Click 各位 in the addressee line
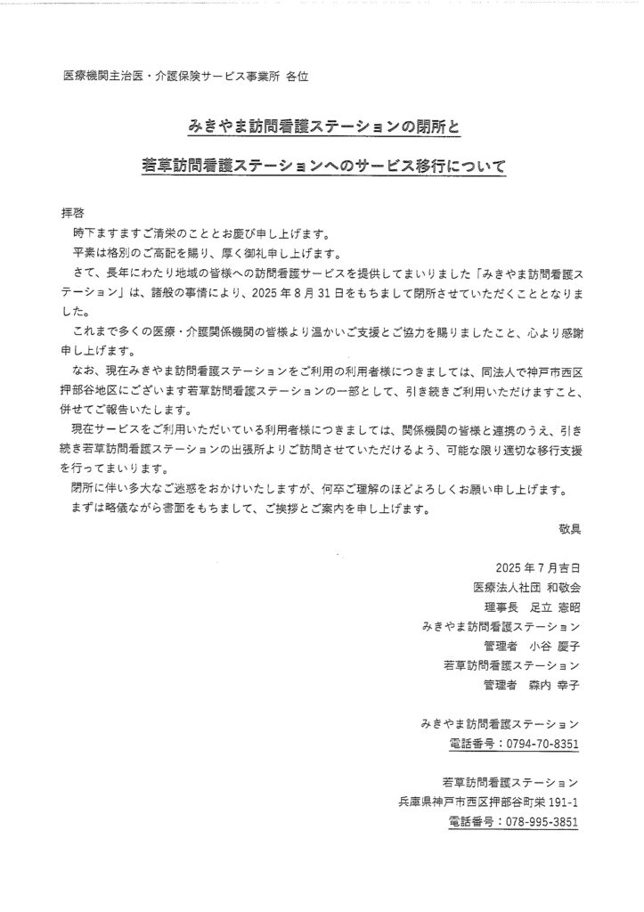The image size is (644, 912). (298, 77)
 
